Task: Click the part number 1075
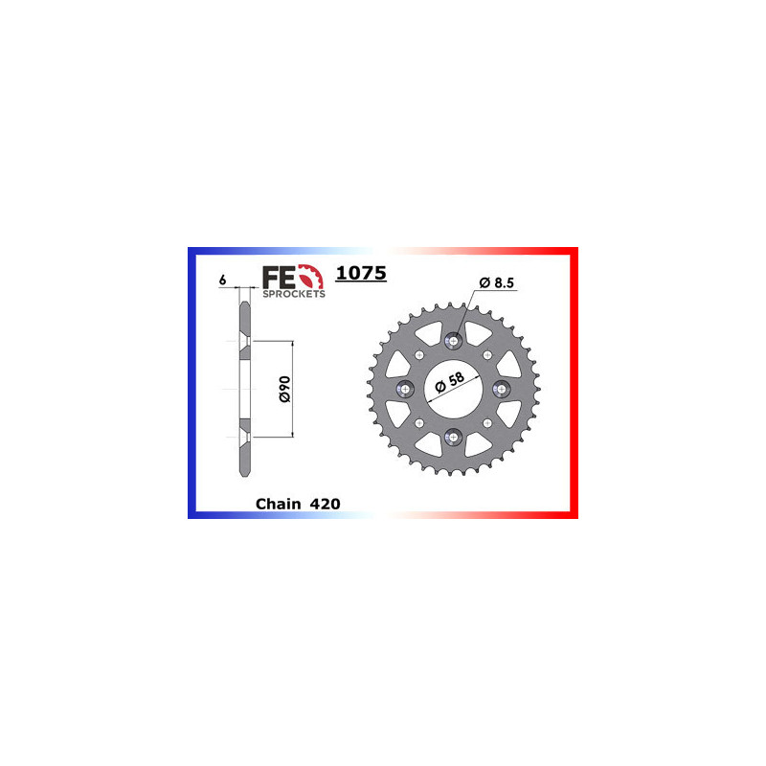pyautogui.click(x=361, y=274)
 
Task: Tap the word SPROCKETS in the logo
pyautogui.click(x=294, y=295)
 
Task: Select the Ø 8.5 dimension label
pyautogui.click(x=496, y=282)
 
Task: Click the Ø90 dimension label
pyautogui.click(x=282, y=389)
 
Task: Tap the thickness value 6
pyautogui.click(x=222, y=281)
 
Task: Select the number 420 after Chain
pyautogui.click(x=326, y=504)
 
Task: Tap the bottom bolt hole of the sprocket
pyautogui.click(x=452, y=436)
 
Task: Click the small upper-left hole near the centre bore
pyautogui.click(x=417, y=353)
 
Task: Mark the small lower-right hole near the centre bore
pyautogui.click(x=486, y=422)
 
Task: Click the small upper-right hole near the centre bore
pyautogui.click(x=486, y=353)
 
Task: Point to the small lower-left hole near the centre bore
pyautogui.click(x=417, y=422)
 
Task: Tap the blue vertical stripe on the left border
pyautogui.click(x=191, y=383)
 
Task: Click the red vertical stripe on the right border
pyautogui.click(x=574, y=383)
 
